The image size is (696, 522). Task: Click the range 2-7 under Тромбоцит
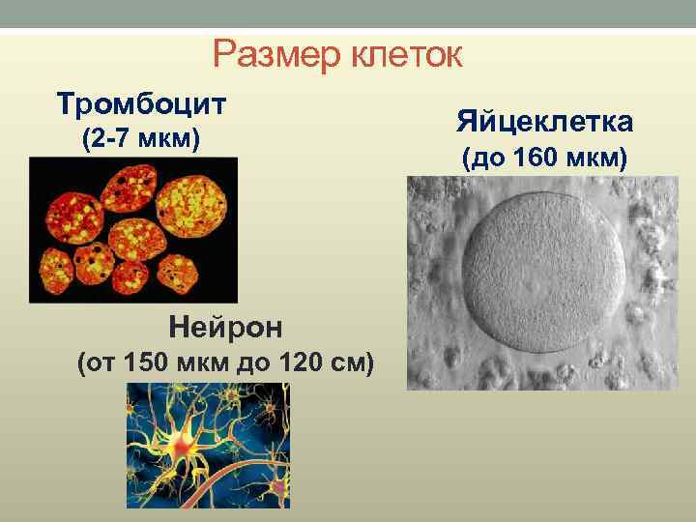coord(108,141)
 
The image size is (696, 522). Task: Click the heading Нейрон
coord(225,328)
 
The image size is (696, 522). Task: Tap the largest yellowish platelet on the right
coord(197,197)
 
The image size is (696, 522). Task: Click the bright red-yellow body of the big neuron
coord(182,445)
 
